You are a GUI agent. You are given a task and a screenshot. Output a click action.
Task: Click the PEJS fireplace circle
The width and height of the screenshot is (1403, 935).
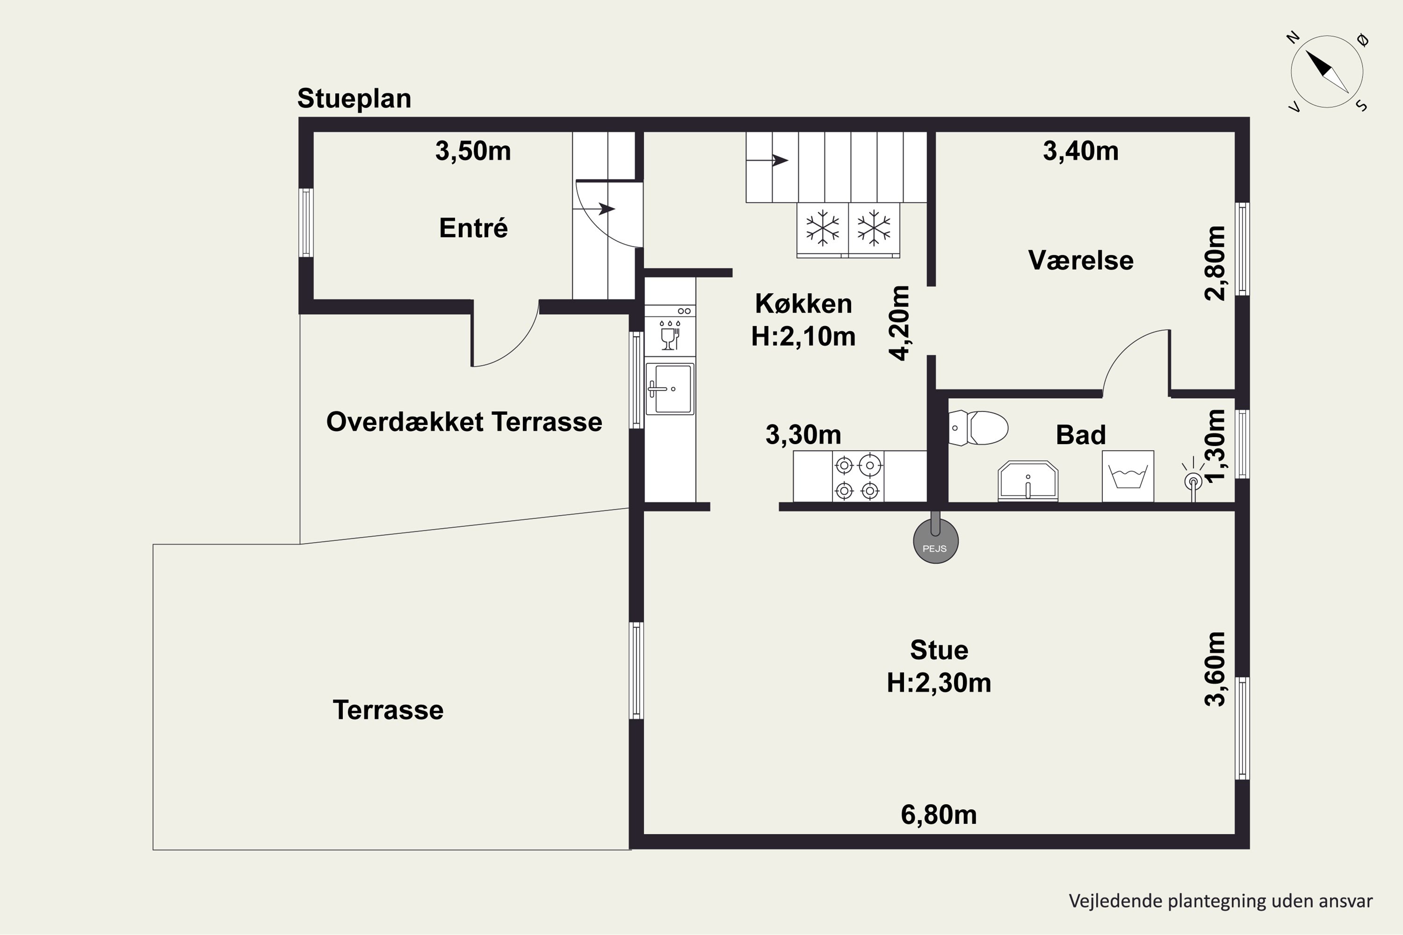(x=935, y=541)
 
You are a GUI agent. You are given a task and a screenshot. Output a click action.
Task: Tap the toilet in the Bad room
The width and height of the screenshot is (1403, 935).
(x=978, y=428)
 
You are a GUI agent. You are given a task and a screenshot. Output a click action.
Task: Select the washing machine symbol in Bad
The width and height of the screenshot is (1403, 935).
(x=1128, y=476)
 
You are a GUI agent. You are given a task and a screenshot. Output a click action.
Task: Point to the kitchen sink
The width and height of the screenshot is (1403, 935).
(x=670, y=389)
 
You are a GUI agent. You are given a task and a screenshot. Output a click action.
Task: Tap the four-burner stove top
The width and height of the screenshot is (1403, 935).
(x=858, y=476)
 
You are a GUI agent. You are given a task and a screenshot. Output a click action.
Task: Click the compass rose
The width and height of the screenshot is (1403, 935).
(x=1327, y=72)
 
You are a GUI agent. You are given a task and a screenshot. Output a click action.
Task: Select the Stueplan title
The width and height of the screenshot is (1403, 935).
(x=354, y=98)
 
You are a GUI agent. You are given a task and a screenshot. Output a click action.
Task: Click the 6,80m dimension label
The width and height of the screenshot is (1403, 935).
(x=938, y=814)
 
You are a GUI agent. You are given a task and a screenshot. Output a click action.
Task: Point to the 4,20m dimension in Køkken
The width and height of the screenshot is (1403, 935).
(x=899, y=323)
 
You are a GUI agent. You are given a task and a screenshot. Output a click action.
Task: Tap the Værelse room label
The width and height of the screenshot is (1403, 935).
(x=1080, y=260)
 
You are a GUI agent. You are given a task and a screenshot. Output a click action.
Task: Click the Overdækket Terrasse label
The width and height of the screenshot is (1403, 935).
(x=464, y=422)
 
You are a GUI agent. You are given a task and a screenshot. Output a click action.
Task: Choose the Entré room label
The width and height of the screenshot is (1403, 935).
(x=473, y=228)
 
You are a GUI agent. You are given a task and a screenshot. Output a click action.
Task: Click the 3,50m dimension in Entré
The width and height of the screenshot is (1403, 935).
(x=473, y=151)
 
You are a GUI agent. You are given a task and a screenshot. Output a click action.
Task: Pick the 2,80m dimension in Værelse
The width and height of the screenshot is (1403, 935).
(x=1215, y=263)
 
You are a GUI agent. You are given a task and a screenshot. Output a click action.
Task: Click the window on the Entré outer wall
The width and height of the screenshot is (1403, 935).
(x=306, y=223)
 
